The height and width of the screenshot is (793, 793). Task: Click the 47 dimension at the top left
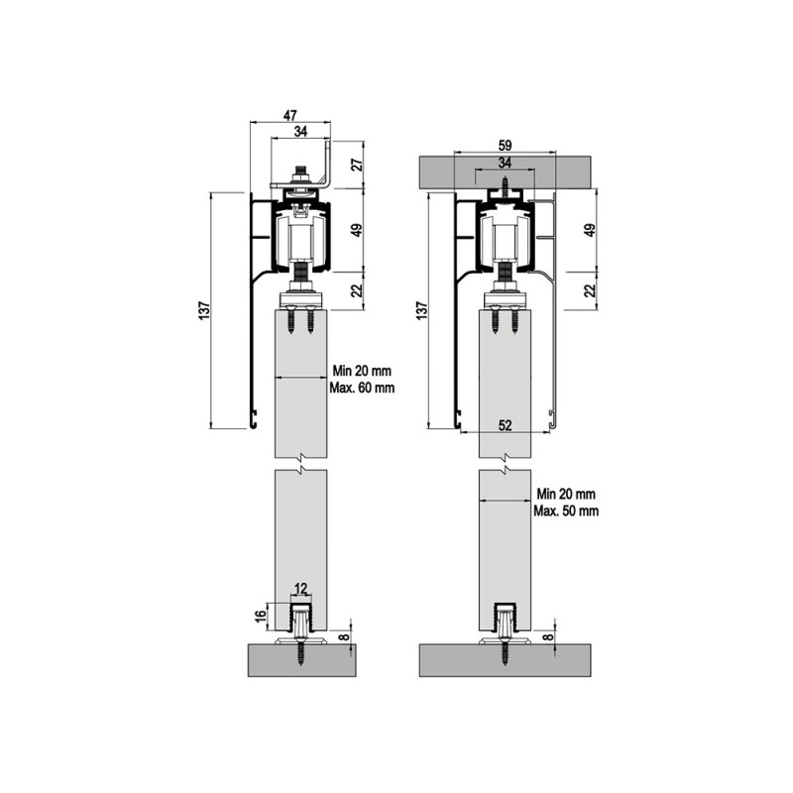[289, 115]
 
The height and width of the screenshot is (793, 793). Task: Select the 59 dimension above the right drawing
[505, 146]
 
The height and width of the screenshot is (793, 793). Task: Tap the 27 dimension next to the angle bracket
[357, 165]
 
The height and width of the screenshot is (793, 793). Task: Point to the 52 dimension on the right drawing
[506, 425]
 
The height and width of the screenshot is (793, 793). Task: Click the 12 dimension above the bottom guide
[300, 588]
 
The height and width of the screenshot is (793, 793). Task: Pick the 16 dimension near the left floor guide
[260, 616]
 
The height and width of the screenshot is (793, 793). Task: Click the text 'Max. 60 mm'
[362, 388]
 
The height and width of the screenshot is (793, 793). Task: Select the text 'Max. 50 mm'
[566, 510]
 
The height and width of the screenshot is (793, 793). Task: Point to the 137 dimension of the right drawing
[422, 309]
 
